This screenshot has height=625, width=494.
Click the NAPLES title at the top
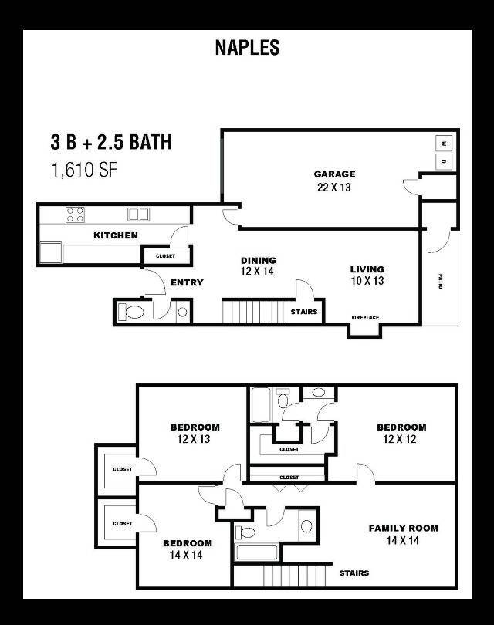[247, 47]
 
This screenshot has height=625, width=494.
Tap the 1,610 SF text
[83, 170]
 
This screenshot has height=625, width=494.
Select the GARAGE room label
[334, 174]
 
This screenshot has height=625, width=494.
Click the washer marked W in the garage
[444, 144]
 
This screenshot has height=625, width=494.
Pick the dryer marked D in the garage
[444, 161]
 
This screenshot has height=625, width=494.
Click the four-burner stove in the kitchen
[75, 215]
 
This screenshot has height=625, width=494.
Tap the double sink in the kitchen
[138, 214]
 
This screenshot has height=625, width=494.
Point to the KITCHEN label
[116, 235]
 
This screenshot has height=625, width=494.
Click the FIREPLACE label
[365, 318]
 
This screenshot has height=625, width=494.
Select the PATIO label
[440, 281]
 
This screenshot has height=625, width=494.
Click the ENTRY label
[187, 282]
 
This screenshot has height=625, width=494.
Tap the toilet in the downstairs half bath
[131, 312]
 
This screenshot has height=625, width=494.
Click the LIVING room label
[367, 269]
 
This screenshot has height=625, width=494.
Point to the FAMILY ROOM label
[404, 528]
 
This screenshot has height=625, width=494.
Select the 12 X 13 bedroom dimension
[194, 439]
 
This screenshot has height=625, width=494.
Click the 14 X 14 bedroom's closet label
[123, 524]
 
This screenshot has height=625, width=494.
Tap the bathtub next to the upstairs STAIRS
[257, 552]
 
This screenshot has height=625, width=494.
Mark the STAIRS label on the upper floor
[354, 573]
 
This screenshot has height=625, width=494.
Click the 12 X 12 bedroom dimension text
[400, 439]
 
